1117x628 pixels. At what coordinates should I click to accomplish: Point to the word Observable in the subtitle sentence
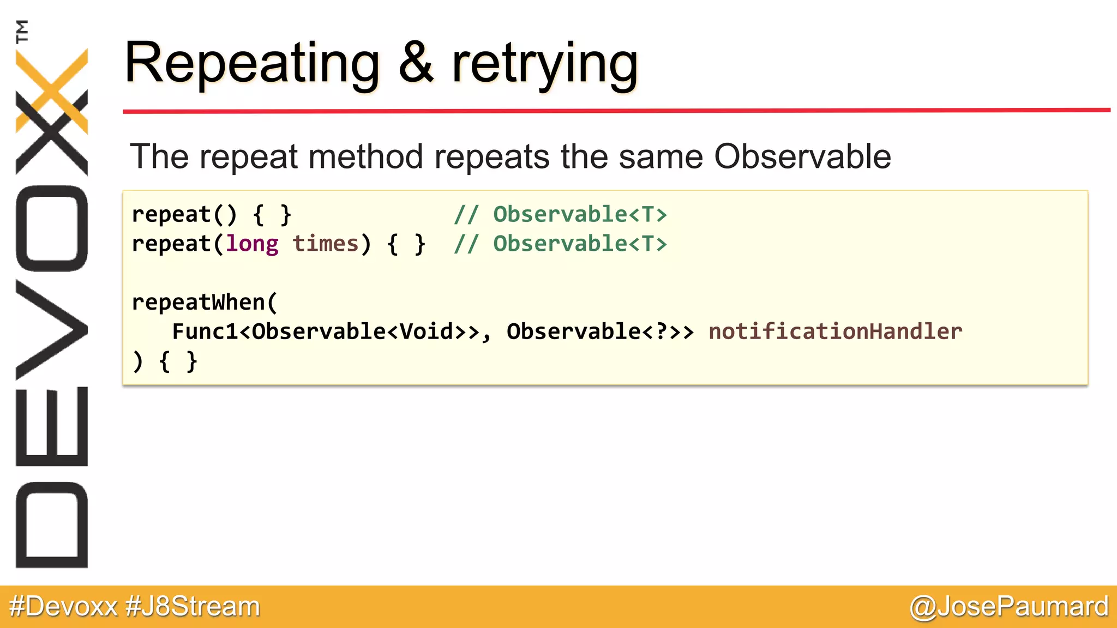click(802, 157)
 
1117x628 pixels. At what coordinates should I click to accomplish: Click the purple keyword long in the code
click(252, 244)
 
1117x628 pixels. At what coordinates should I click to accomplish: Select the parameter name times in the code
click(325, 244)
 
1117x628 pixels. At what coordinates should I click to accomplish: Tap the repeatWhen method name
click(199, 302)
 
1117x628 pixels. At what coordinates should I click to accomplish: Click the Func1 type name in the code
click(205, 331)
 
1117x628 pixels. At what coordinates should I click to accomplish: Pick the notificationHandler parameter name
click(835, 331)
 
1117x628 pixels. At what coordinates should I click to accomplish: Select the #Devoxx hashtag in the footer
click(63, 606)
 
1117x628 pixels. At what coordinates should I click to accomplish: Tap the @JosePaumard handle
click(1009, 606)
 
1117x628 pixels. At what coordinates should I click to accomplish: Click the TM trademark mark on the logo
click(22, 31)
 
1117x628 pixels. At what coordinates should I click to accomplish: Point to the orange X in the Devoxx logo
click(52, 90)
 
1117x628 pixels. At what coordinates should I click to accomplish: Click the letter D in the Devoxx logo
click(52, 525)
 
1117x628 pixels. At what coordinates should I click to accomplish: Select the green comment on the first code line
click(560, 214)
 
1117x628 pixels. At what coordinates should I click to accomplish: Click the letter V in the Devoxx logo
click(52, 330)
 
